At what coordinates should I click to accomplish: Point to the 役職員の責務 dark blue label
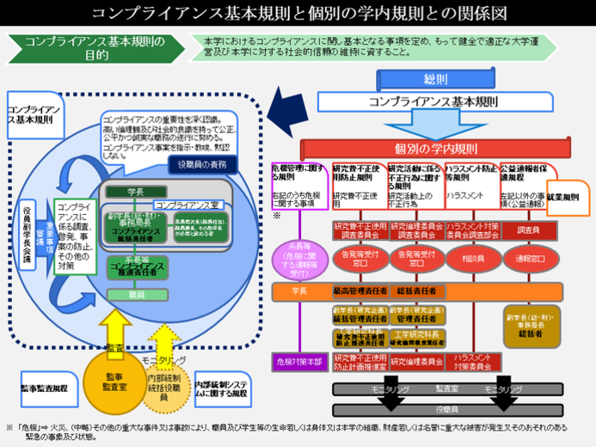coord(201,163)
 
